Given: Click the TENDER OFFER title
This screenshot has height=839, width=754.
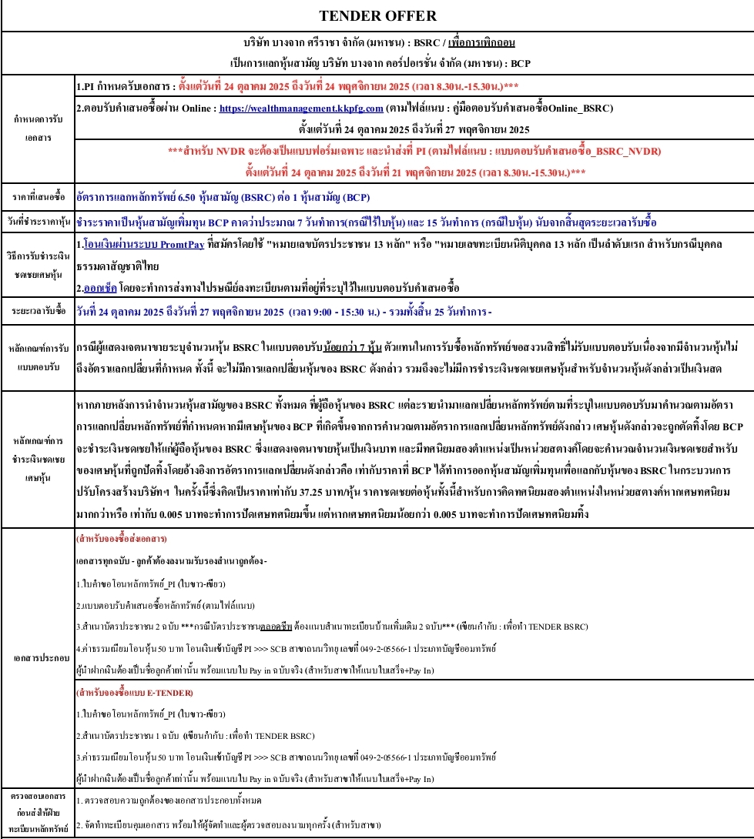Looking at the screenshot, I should (377, 15).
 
